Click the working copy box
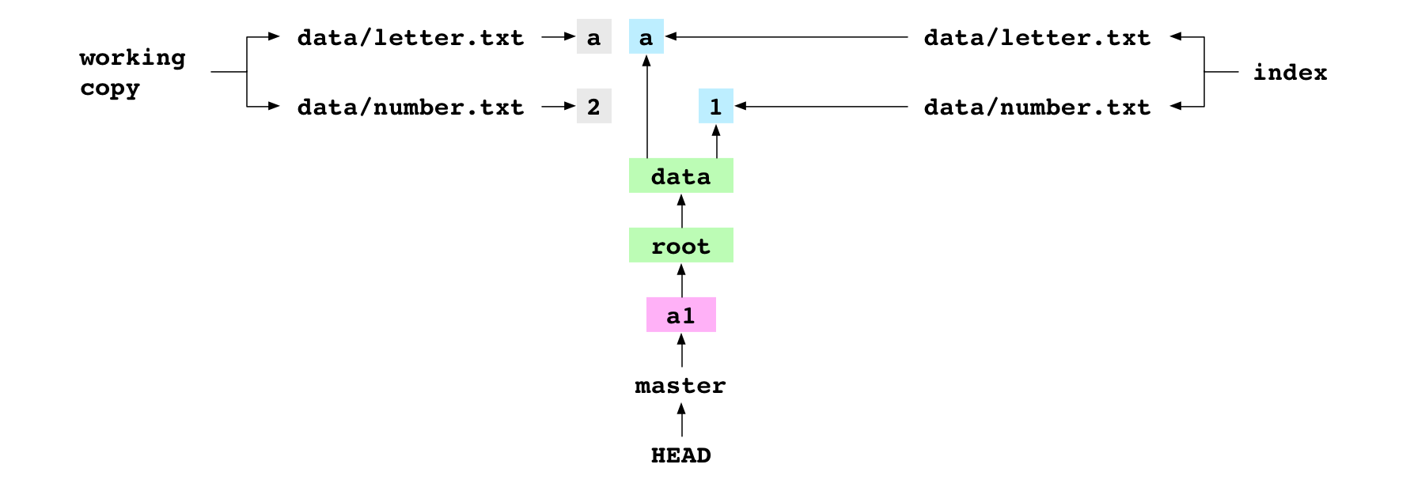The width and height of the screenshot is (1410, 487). click(x=141, y=70)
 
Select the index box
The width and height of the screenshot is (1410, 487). click(x=1290, y=71)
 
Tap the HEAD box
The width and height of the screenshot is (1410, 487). click(x=680, y=454)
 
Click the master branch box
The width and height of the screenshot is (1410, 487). click(x=680, y=384)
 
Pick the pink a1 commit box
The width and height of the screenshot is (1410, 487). click(x=680, y=315)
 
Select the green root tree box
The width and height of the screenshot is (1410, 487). click(x=680, y=245)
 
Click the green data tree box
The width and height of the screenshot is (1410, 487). click(x=680, y=176)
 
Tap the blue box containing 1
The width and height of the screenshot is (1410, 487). click(x=715, y=106)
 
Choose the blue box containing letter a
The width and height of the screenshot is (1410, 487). click(x=646, y=36)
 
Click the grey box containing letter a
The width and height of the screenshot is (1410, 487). click(x=593, y=36)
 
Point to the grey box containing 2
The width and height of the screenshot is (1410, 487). click(x=593, y=106)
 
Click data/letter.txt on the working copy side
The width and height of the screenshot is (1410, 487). click(x=411, y=36)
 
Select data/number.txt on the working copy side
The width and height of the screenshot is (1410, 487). click(x=411, y=106)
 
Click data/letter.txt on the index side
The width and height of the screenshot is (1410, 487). click(x=1037, y=36)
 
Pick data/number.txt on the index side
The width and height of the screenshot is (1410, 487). click(x=1037, y=106)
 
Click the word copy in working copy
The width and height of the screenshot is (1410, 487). click(x=109, y=88)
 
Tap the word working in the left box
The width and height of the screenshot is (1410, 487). click(x=132, y=57)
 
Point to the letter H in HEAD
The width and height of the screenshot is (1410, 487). click(x=658, y=455)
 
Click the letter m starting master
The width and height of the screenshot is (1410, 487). click(x=642, y=386)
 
